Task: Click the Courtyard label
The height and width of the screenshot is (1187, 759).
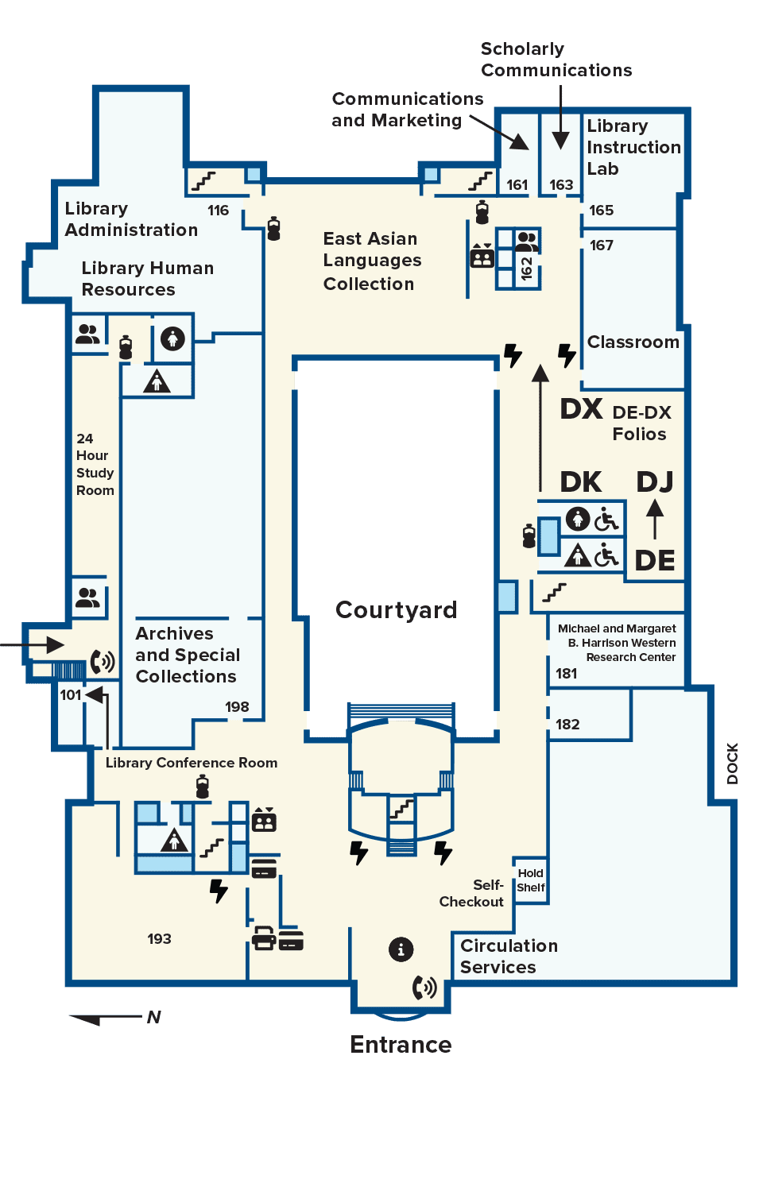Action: (x=396, y=610)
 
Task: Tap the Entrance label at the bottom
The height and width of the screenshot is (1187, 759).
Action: (x=401, y=1045)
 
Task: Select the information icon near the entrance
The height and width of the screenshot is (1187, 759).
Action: (x=401, y=949)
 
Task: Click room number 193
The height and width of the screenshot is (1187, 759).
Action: (x=159, y=938)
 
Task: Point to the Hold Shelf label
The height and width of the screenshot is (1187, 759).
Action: (x=531, y=880)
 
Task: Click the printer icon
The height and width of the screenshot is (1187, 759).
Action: (x=264, y=938)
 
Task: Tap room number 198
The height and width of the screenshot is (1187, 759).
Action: (x=237, y=706)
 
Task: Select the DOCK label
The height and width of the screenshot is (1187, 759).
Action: (x=732, y=763)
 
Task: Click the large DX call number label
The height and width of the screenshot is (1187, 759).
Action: (x=582, y=409)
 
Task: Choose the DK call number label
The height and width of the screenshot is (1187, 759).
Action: (x=581, y=482)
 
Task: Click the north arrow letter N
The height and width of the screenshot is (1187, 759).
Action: (x=153, y=1017)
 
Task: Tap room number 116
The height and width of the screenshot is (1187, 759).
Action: (x=218, y=211)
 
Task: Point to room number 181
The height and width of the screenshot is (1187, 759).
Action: (x=566, y=673)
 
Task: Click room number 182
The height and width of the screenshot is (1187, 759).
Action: (x=567, y=724)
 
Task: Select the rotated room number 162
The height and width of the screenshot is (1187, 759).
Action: (x=526, y=268)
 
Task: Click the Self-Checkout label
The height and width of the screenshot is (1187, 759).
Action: (x=471, y=893)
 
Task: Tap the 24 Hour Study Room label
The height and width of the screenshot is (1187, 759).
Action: (x=95, y=464)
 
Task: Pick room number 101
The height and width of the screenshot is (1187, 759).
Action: (x=71, y=694)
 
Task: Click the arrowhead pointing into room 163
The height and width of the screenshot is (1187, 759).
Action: (x=560, y=141)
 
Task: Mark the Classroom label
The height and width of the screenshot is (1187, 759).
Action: (x=633, y=342)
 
